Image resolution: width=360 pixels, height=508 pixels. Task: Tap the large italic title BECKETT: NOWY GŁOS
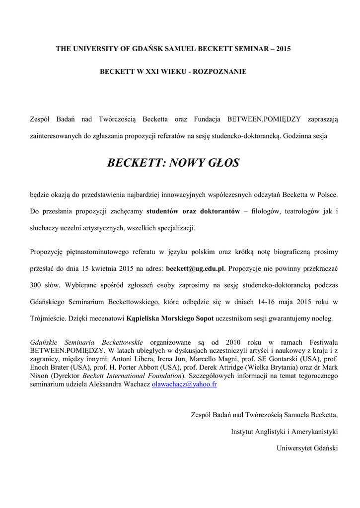[173, 162]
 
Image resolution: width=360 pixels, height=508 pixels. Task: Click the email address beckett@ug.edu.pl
[195, 268]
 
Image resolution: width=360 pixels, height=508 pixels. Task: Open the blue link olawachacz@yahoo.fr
[185, 384]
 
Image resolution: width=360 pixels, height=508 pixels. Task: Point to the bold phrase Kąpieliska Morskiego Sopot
[170, 318]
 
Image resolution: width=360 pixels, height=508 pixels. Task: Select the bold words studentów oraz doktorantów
[193, 211]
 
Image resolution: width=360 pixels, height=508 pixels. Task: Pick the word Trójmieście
[49, 318]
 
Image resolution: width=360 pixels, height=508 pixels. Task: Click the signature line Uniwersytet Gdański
[307, 448]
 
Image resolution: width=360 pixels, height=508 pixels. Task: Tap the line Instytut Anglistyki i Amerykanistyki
[285, 432]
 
